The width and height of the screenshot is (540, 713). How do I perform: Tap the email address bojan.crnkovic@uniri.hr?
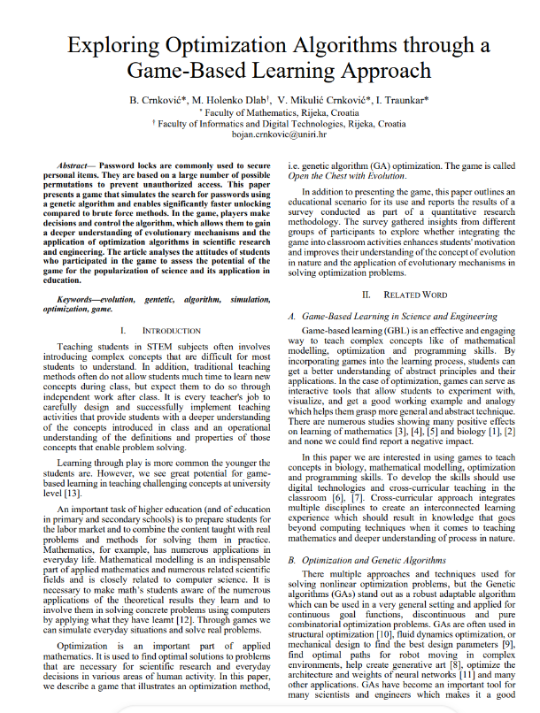[x=269, y=135]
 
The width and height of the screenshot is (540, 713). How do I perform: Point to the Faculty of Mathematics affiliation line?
[x=269, y=112]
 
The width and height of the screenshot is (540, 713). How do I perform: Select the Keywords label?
[x=81, y=303]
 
